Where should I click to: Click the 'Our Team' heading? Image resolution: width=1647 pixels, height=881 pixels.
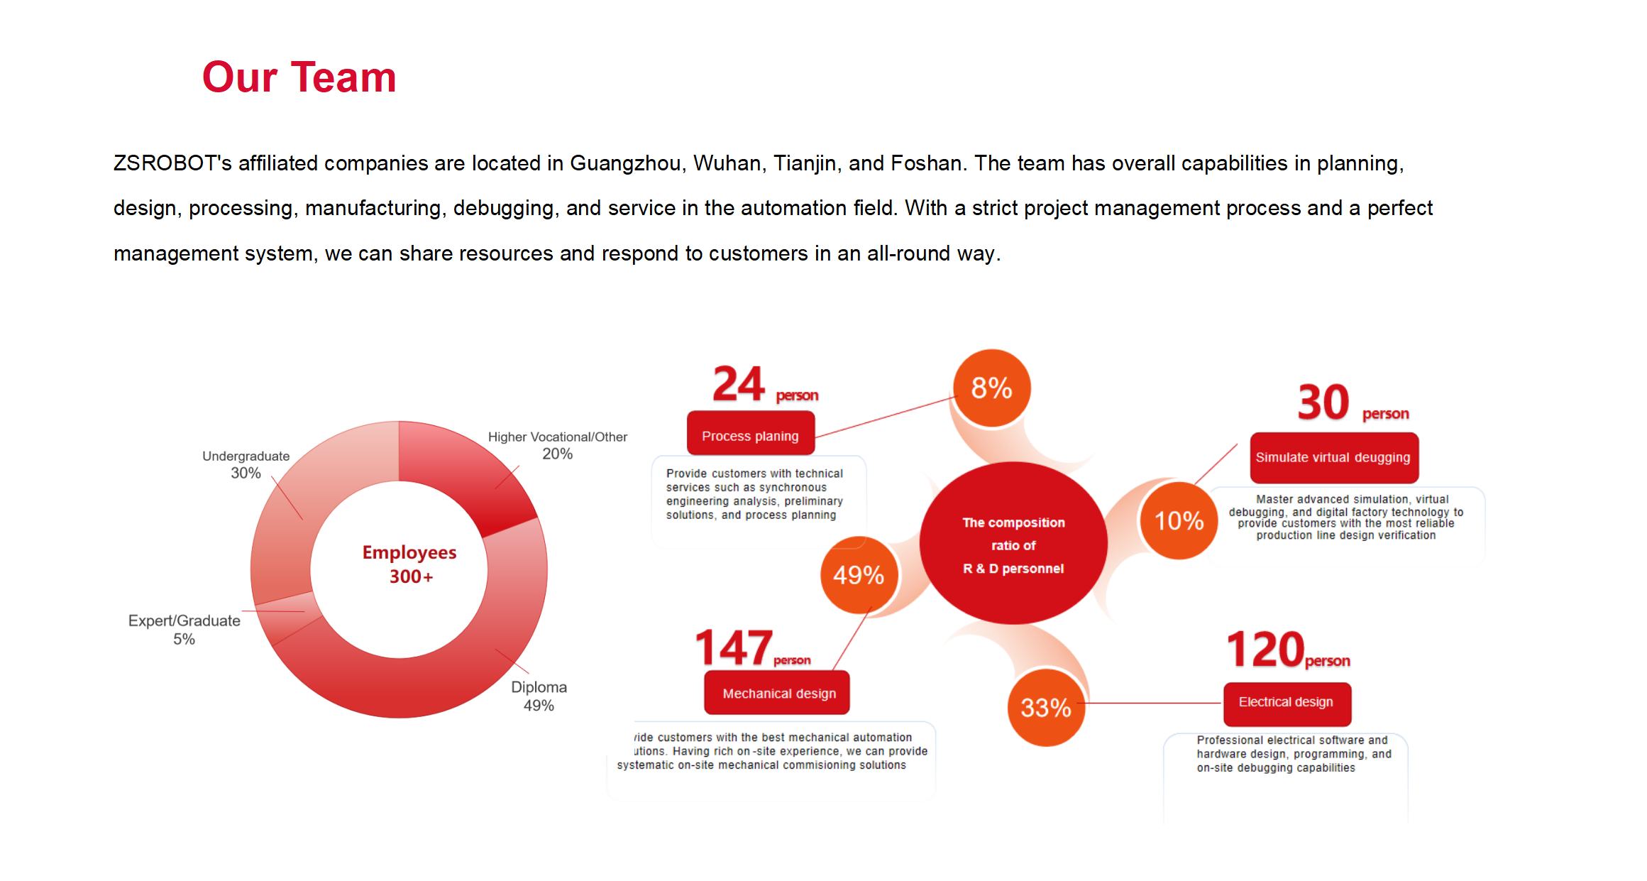coord(299,77)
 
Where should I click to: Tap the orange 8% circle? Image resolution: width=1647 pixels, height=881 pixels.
coord(991,388)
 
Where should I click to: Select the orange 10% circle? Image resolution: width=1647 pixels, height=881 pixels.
coord(1179,520)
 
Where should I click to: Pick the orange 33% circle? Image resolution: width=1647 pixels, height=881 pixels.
coord(1046,707)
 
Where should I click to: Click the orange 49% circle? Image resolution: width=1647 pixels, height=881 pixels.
coord(859,575)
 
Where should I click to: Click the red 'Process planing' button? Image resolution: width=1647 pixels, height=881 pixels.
coord(750,436)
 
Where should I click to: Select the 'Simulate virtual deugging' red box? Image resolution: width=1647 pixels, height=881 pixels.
coord(1333,457)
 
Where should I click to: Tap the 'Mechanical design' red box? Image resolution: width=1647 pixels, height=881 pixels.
coord(778,693)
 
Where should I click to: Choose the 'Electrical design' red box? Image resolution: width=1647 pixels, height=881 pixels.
coord(1286,702)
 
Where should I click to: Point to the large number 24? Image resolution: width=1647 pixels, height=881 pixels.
coord(738,384)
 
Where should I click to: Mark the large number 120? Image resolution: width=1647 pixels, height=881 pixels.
coord(1265,649)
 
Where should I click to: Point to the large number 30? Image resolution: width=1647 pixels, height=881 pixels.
coord(1323,403)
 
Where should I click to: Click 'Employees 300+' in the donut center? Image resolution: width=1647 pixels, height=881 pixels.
coord(409,564)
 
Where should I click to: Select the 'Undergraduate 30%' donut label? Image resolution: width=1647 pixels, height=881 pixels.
coord(246,464)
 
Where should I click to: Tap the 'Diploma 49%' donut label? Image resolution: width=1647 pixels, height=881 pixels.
coord(539,696)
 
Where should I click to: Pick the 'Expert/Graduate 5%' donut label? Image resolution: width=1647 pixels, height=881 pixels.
coord(184,629)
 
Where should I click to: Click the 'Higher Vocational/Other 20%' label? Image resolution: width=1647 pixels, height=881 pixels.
coord(557,445)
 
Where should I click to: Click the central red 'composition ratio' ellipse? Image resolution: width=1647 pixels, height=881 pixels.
coord(1013,544)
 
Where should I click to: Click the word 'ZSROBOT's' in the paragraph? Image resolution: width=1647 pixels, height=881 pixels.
coord(172,163)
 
